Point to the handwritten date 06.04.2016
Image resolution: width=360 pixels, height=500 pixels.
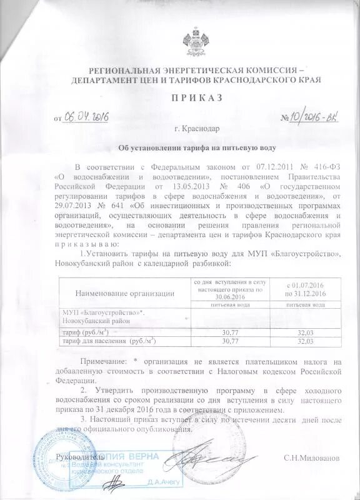(x=87, y=117)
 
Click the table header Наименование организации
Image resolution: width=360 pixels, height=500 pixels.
(x=124, y=292)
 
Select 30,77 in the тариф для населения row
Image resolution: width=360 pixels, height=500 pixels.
(x=231, y=342)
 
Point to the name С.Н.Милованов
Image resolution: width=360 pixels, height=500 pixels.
(x=311, y=457)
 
